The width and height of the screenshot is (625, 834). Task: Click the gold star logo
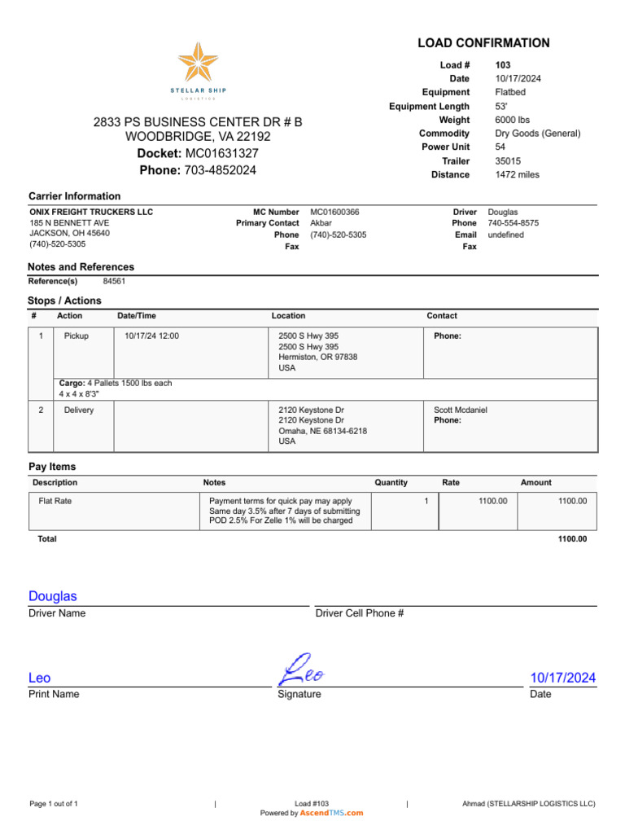(x=199, y=64)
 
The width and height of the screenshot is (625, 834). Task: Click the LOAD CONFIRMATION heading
(x=483, y=43)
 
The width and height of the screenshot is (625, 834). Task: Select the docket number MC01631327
(x=222, y=153)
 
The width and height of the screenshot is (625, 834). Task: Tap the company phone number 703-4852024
(x=221, y=170)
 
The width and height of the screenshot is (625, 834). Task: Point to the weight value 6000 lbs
(x=512, y=120)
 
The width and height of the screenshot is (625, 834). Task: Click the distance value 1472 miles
(x=517, y=174)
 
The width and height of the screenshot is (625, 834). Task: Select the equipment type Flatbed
(x=510, y=92)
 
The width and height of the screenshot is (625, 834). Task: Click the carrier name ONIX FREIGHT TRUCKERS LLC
(x=91, y=212)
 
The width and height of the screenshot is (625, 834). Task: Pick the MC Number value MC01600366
(x=334, y=212)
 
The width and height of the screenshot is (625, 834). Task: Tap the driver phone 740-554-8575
(x=513, y=223)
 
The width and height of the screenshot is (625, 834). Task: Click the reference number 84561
(x=114, y=281)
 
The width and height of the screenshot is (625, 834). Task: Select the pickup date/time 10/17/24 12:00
(x=151, y=336)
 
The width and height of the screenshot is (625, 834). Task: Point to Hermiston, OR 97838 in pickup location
(x=317, y=357)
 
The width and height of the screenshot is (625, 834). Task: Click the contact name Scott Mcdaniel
(x=461, y=410)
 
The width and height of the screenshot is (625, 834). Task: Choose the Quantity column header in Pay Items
(x=391, y=482)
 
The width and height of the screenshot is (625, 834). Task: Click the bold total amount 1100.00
(x=572, y=539)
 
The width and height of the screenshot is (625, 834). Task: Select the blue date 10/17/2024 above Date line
(x=562, y=678)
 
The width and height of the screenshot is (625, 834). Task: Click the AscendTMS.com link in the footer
(x=331, y=813)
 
